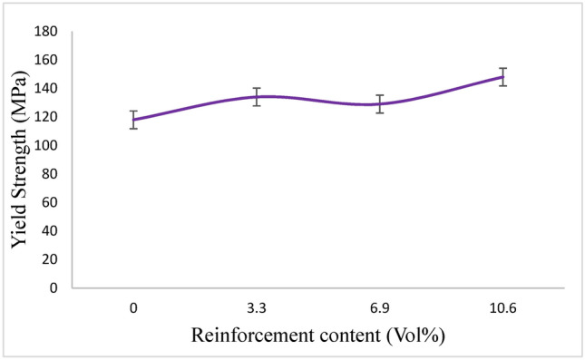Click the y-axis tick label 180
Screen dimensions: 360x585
47,32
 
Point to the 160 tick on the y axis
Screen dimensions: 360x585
47,60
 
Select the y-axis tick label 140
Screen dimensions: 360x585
47,89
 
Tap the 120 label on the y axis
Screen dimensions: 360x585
47,117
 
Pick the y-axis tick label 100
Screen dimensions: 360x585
47,145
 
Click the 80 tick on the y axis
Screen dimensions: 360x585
51,174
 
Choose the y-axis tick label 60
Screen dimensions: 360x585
51,202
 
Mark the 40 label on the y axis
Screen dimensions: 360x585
51,230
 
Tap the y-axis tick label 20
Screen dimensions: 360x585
51,259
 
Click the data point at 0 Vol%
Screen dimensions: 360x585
134,120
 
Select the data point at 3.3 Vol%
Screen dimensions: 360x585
257,97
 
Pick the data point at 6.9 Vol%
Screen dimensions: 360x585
380,104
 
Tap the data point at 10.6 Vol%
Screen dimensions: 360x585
502,77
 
